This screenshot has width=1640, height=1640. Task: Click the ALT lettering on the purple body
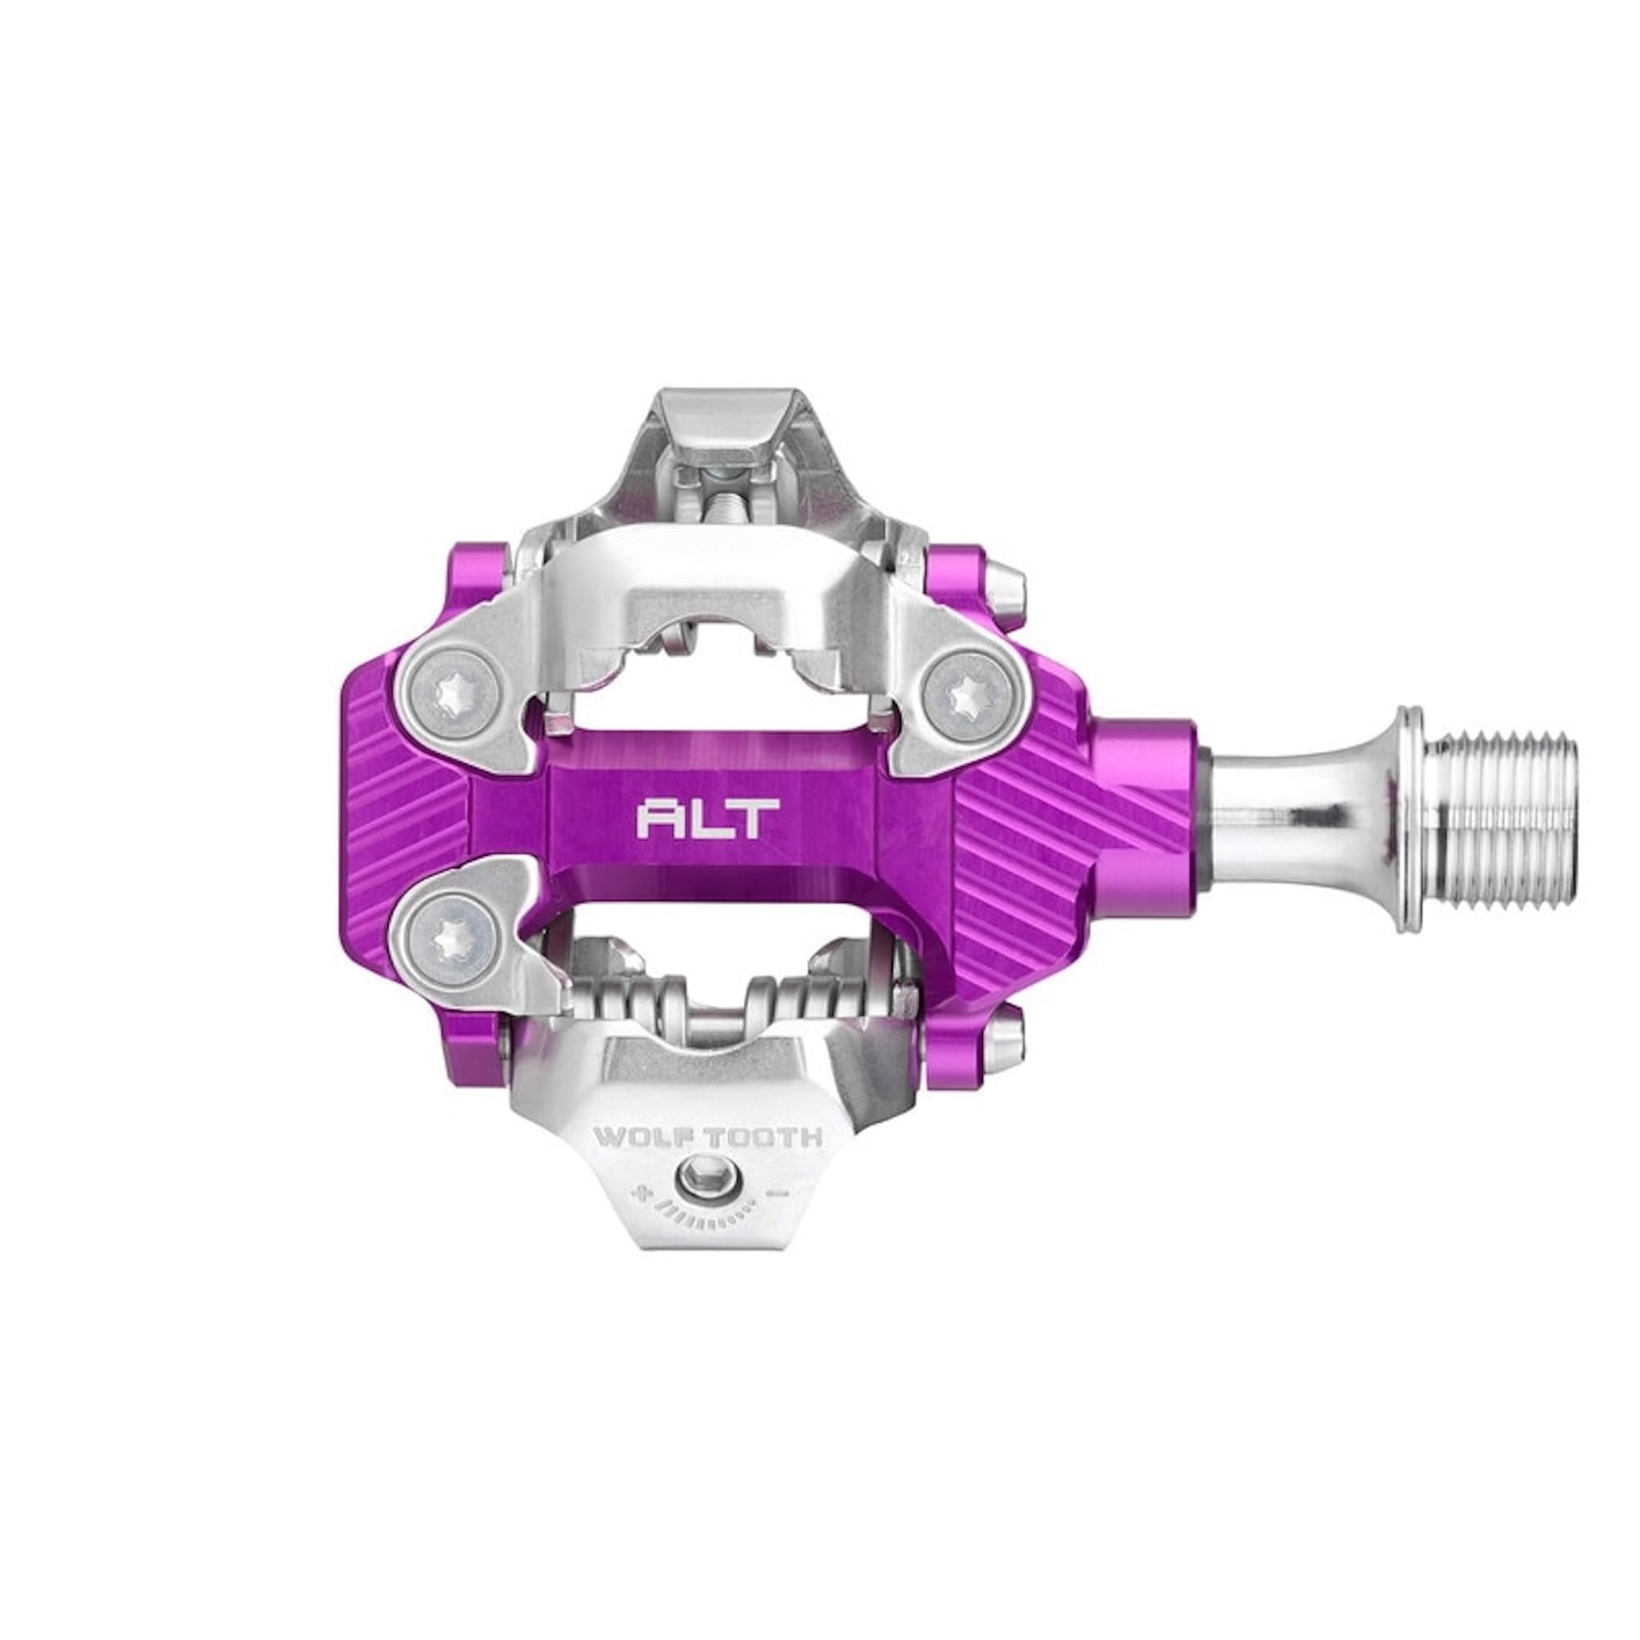click(707, 819)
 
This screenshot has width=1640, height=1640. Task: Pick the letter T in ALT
click(757, 819)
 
